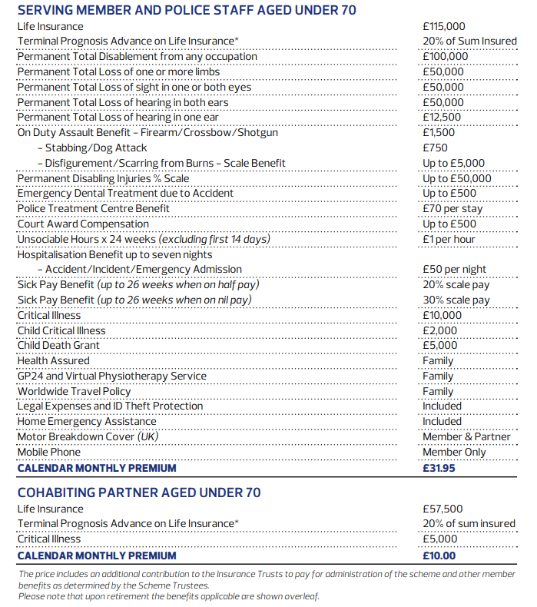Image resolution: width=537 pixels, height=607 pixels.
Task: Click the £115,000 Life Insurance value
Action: point(445,26)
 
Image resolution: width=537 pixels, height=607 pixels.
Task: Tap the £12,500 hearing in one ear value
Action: point(442,118)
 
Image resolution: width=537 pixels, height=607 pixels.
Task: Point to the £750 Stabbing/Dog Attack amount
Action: point(435,148)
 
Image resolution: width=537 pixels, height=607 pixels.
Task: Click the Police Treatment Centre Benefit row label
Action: point(94,208)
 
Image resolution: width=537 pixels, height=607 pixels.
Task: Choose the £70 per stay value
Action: point(452,208)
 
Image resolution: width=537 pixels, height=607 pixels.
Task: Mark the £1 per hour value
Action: point(449,239)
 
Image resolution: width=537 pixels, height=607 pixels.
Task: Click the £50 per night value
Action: point(454,269)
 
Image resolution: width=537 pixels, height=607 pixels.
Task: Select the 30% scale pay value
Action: point(456,300)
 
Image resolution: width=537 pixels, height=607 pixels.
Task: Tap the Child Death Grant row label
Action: point(59,345)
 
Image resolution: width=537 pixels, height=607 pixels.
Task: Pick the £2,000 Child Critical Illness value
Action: point(439,330)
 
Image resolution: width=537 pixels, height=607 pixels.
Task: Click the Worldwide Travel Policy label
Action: point(74,391)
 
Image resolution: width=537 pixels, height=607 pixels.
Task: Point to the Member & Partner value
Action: point(466,436)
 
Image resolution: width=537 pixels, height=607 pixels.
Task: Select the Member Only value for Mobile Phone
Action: point(454,452)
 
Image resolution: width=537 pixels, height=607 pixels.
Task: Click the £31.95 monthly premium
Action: point(439,467)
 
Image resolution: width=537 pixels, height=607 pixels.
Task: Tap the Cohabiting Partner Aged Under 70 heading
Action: point(139,493)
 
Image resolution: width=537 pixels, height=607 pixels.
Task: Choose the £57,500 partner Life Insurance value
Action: point(443,509)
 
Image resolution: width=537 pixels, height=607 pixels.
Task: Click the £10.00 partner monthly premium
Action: point(439,555)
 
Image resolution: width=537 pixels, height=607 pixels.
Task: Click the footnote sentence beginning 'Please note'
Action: point(168,596)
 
